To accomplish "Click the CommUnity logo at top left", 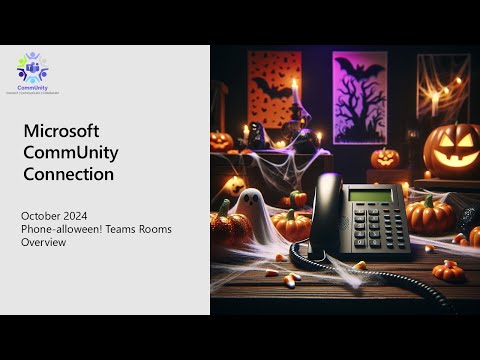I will click(33, 72).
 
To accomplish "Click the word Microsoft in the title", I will click(61, 132).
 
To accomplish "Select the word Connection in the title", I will click(69, 174).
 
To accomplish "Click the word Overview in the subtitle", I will click(41, 242).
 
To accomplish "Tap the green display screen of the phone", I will click(369, 194).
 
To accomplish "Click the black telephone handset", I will click(325, 215).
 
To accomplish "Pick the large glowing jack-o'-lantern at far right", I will click(453, 149).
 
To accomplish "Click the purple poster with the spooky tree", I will click(359, 97).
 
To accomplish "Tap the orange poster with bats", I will click(273, 89).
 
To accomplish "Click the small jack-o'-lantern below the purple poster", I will click(385, 158).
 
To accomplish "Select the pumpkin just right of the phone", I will click(431, 214).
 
